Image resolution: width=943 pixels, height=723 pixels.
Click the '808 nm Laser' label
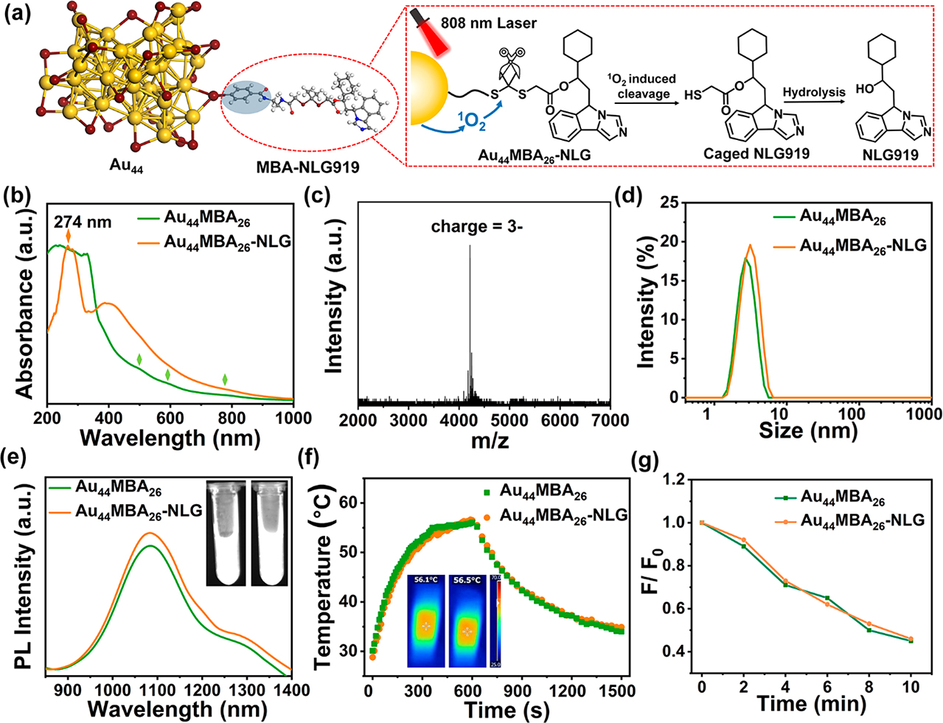tap(488, 23)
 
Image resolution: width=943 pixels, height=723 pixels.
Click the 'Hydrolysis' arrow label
tap(813, 92)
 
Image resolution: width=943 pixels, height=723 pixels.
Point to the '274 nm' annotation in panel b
tap(83, 222)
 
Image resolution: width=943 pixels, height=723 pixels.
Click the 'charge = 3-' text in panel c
tap(477, 227)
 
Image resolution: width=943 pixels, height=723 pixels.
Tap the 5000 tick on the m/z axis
tap(508, 420)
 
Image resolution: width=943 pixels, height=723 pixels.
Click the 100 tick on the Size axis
tap(852, 414)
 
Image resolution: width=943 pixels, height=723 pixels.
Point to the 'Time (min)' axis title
tap(811, 704)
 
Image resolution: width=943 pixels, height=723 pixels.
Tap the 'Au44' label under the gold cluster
tap(126, 167)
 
